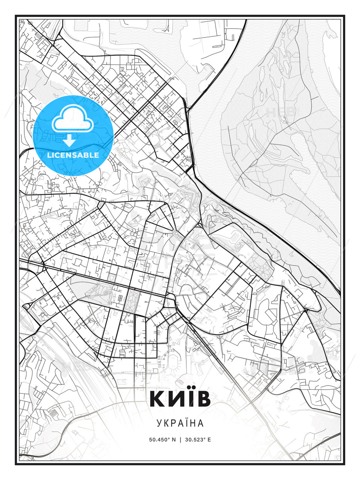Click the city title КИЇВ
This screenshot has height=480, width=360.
click(180, 399)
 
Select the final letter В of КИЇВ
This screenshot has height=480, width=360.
click(203, 399)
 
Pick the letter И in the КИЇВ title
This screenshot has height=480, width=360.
click(174, 399)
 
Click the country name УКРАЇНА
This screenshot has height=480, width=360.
click(180, 423)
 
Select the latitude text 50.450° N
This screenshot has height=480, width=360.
click(162, 440)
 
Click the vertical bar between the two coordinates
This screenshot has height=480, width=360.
click(180, 440)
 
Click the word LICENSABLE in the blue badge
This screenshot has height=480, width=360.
click(73, 155)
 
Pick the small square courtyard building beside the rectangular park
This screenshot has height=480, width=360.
click(119, 298)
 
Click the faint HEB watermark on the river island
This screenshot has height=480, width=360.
click(280, 112)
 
